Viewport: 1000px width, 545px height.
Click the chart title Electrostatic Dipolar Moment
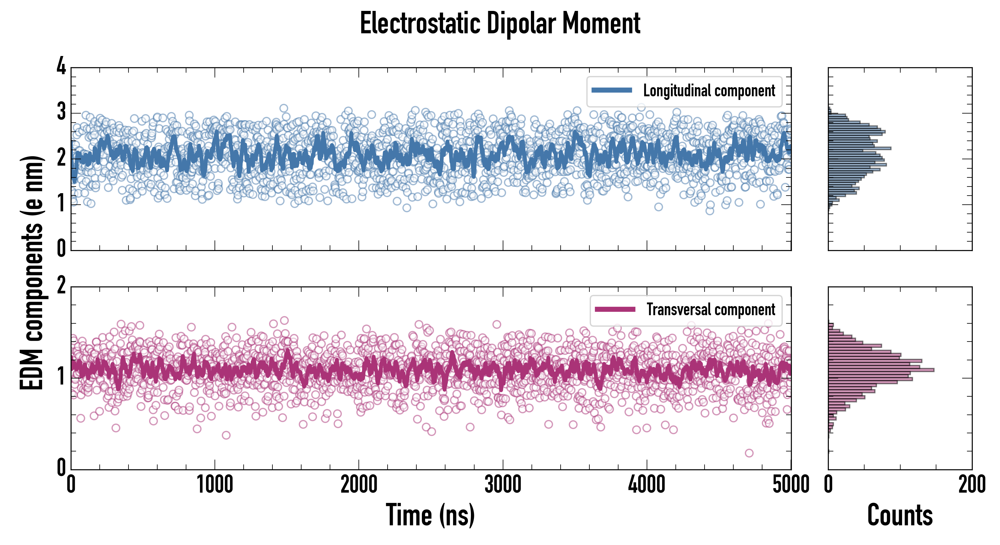pos(500,23)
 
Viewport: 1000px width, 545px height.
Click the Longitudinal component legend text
pos(709,91)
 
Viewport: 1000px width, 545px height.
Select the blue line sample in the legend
pos(612,91)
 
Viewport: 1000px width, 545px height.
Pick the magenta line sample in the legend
pos(615,309)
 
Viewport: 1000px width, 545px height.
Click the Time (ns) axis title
pos(430,515)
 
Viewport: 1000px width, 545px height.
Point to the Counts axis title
pos(900,515)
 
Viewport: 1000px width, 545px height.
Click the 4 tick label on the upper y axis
pos(61,66)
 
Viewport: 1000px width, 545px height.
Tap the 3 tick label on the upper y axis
pos(61,112)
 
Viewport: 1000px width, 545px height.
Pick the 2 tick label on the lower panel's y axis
pos(61,286)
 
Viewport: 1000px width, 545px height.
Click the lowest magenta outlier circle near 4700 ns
pos(749,453)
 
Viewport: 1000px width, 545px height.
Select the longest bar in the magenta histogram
pos(881,370)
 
